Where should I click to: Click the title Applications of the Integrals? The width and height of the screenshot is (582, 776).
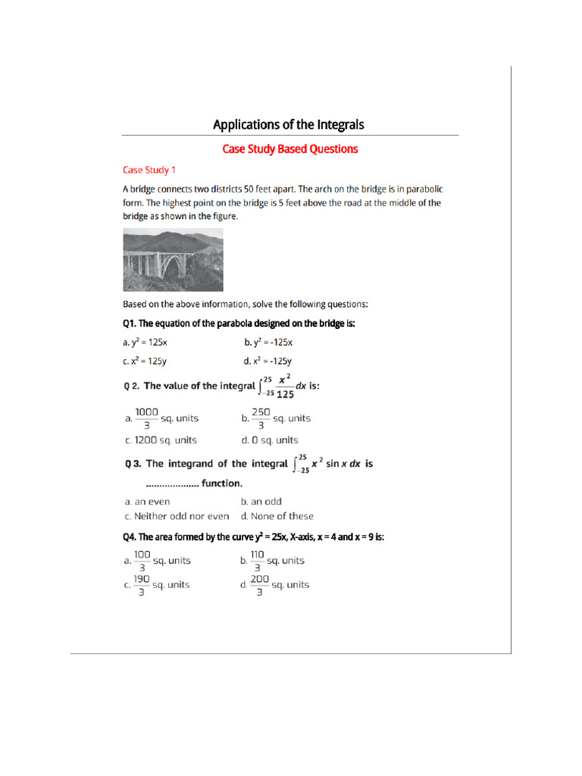[289, 124]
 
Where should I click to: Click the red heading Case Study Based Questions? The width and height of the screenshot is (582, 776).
[289, 149]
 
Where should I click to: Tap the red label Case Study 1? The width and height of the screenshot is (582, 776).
[149, 170]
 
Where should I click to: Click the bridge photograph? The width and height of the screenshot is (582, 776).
[173, 261]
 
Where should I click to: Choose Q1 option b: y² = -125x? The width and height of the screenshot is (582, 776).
[268, 343]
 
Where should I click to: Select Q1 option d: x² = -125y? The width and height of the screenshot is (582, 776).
[268, 361]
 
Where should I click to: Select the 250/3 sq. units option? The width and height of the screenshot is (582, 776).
[275, 418]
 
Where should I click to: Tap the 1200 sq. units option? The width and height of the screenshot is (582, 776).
[160, 440]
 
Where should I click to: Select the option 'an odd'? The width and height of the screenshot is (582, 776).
[261, 502]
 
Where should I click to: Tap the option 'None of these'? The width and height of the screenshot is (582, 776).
[277, 516]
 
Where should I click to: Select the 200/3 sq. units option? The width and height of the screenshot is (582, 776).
[274, 585]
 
